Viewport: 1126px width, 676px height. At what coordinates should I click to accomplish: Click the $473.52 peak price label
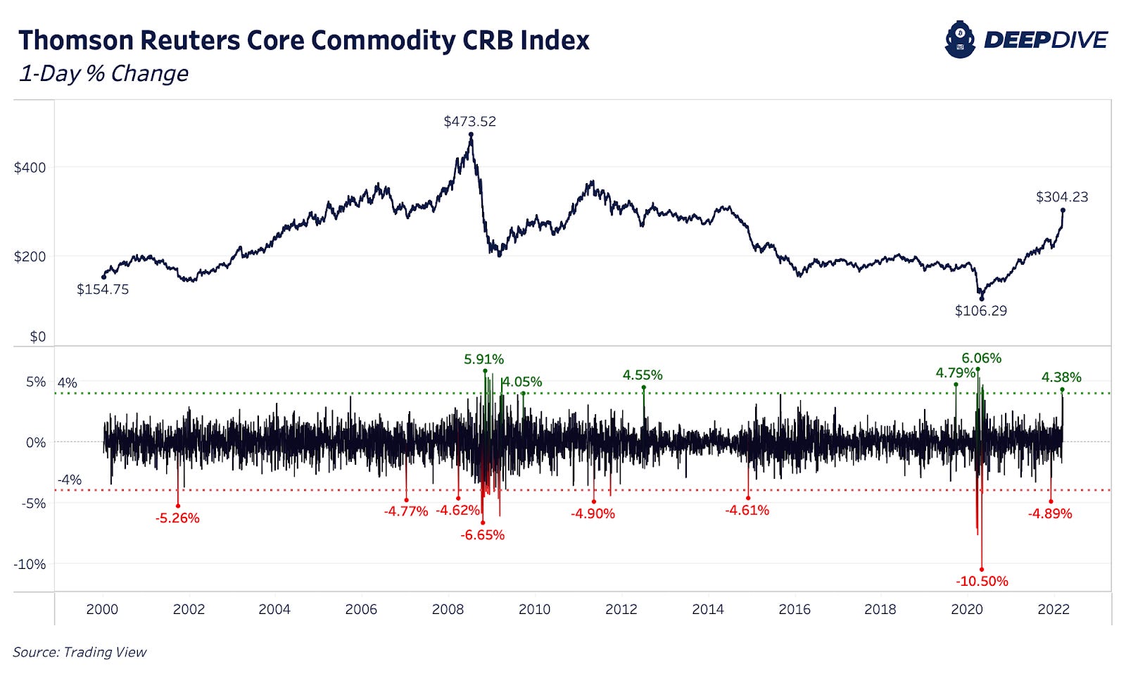coord(469,121)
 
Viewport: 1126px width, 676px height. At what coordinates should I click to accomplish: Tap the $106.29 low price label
coord(980,311)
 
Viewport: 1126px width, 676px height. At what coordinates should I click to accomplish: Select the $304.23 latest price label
coord(1061,197)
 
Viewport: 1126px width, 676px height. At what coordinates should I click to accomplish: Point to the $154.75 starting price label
coord(103,289)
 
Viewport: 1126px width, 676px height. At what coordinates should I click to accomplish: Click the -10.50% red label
coord(982,581)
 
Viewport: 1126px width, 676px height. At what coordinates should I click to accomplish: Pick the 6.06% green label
coord(981,358)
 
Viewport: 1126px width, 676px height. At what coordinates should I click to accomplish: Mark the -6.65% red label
coord(483,535)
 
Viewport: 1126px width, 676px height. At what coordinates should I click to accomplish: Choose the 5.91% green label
coord(483,360)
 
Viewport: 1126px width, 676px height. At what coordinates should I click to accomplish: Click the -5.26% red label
coord(177,518)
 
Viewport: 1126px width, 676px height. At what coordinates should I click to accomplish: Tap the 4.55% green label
coord(642,375)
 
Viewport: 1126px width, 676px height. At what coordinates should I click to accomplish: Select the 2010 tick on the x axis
coord(534,610)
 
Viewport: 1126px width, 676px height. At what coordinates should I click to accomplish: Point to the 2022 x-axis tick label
coord(1053,610)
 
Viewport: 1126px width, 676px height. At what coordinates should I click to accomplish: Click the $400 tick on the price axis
coord(30,168)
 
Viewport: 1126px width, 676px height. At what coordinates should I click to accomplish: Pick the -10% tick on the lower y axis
coord(30,564)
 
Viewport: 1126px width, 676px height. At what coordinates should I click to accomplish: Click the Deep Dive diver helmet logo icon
coord(960,40)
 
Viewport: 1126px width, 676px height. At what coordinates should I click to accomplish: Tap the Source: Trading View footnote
coord(80,652)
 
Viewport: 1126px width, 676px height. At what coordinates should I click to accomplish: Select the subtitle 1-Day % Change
coord(104,73)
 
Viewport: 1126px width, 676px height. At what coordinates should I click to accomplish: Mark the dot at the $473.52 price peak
coord(471,134)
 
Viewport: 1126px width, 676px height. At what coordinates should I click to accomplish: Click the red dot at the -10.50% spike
coord(982,570)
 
